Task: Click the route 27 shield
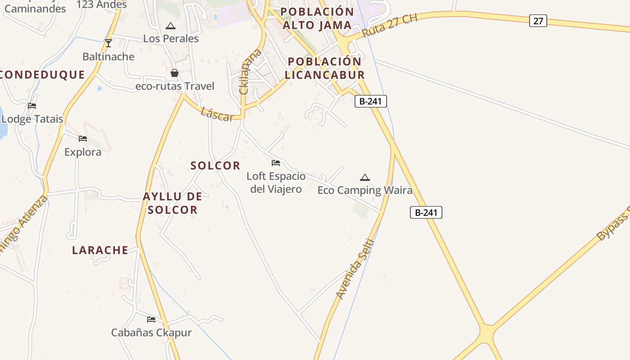(538, 21)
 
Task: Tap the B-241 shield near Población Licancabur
(370, 101)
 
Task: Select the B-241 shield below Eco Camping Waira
(426, 212)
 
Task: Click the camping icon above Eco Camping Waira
(365, 177)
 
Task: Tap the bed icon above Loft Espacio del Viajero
(276, 162)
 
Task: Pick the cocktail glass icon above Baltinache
(108, 43)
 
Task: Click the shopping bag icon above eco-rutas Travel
(175, 72)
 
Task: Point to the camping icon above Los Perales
(170, 26)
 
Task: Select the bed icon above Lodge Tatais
(32, 106)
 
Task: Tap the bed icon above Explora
(83, 139)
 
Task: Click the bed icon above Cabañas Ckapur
(151, 319)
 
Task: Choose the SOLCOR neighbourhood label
(216, 166)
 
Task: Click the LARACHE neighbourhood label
(100, 250)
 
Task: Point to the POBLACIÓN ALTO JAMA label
(317, 18)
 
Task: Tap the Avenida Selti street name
(355, 269)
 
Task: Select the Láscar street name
(217, 114)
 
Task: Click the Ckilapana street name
(251, 72)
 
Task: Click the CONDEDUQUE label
(42, 75)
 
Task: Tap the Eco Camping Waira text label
(365, 190)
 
